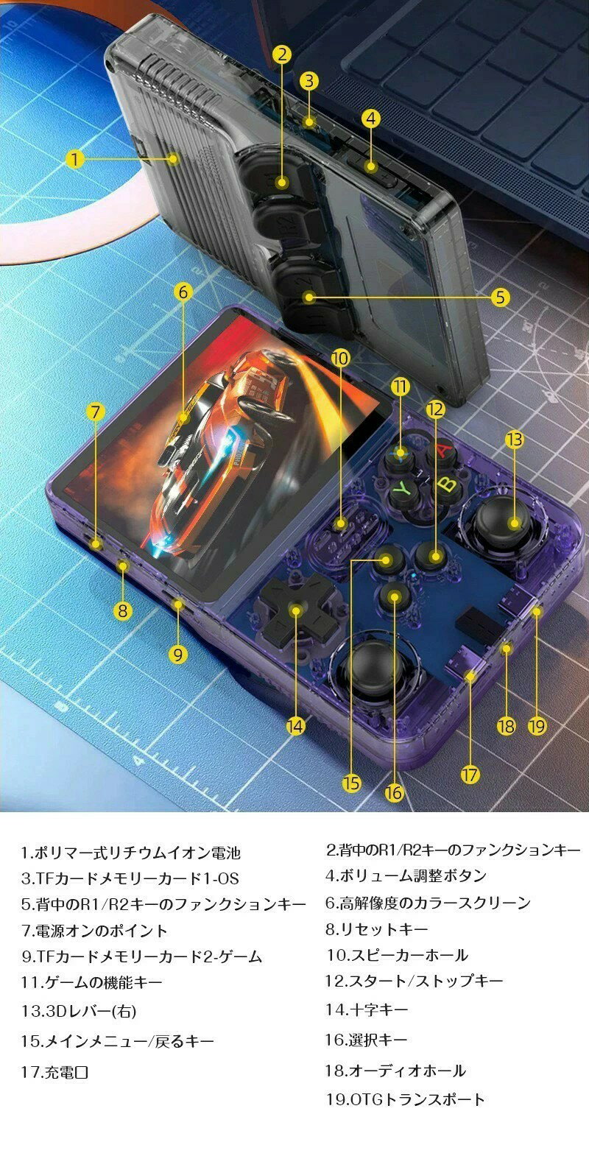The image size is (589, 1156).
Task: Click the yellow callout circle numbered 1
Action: [75, 159]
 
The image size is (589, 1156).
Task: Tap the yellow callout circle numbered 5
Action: [500, 297]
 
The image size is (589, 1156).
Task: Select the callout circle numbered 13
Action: [514, 440]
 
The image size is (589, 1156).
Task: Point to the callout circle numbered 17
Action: [470, 775]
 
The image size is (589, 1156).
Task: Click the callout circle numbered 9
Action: [178, 655]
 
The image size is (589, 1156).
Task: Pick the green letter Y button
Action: [402, 489]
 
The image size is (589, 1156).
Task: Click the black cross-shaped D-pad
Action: [295, 610]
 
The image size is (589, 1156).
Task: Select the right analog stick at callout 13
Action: [502, 522]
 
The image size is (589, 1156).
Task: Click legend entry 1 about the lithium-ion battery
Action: [130, 853]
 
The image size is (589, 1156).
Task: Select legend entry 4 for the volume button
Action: [406, 875]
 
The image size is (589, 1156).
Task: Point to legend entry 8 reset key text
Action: [377, 929]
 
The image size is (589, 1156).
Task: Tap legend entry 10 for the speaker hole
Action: [396, 955]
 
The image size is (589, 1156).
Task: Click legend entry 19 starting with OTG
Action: [405, 1099]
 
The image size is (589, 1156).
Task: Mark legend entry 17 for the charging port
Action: [54, 1072]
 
